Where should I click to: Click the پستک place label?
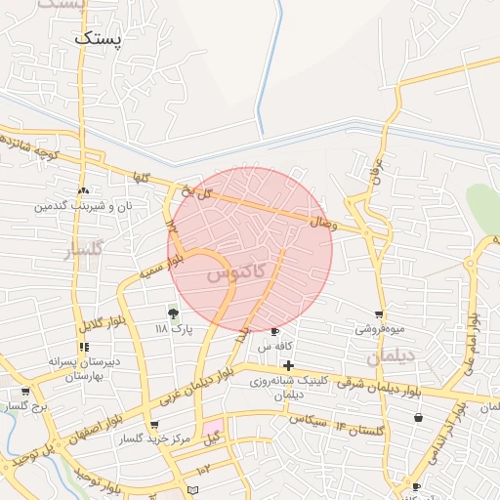pos(99,39)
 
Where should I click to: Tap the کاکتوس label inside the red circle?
pos(235,274)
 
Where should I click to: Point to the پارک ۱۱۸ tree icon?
pos(174,313)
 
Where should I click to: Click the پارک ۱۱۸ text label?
pos(176,329)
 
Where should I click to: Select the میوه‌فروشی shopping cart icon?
pos(378,314)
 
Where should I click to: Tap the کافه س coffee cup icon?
pos(274,332)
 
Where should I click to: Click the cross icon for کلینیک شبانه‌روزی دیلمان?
pos(288,365)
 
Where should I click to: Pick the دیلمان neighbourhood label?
pos(392,358)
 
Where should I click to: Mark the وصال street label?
pos(322,223)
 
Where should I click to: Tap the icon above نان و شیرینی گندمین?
pos(83,190)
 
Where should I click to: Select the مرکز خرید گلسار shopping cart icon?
pos(154,424)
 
